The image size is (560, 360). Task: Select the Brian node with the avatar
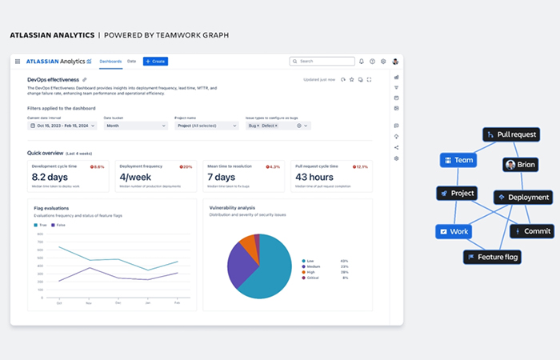(x=520, y=164)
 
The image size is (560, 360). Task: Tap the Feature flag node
(x=492, y=257)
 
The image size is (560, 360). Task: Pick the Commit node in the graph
(x=531, y=231)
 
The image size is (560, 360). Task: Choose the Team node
(x=458, y=160)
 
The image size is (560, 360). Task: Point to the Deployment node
(x=522, y=197)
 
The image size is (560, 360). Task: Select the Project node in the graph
(x=457, y=193)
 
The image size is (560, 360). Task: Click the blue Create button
(x=155, y=61)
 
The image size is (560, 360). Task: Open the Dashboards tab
(x=110, y=61)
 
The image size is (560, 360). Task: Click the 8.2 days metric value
(x=50, y=176)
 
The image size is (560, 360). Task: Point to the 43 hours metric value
(x=314, y=176)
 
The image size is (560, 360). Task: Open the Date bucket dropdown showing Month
(x=135, y=126)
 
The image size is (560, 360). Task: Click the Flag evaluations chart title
(x=51, y=207)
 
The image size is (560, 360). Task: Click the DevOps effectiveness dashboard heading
(x=53, y=80)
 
